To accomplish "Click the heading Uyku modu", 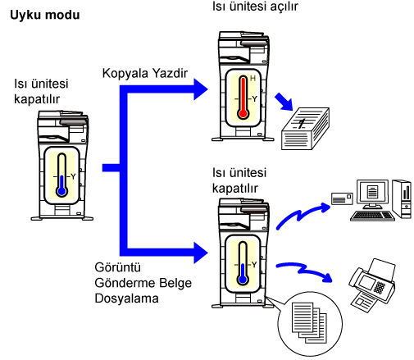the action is [x=45, y=15].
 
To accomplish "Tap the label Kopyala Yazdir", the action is [x=145, y=73].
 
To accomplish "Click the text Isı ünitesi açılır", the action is [x=255, y=7].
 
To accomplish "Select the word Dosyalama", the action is [x=126, y=298].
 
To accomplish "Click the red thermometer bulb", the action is [x=243, y=114].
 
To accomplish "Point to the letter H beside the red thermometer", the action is [x=252, y=79].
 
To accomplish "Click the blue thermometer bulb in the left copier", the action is [x=61, y=191].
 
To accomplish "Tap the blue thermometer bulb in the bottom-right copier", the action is [x=243, y=280].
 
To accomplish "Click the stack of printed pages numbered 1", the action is [x=305, y=129].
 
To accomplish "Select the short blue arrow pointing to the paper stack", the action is [x=284, y=102].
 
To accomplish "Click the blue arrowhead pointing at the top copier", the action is [x=201, y=89].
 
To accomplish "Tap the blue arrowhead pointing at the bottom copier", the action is [x=201, y=253].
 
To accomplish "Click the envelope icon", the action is [x=342, y=198].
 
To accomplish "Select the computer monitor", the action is [x=372, y=194].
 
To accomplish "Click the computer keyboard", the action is [x=373, y=216].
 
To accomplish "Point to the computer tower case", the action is [x=402, y=199].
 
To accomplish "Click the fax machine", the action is [x=372, y=285].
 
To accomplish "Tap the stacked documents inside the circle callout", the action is [x=309, y=322].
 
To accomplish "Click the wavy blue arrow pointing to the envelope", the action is [x=303, y=215].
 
